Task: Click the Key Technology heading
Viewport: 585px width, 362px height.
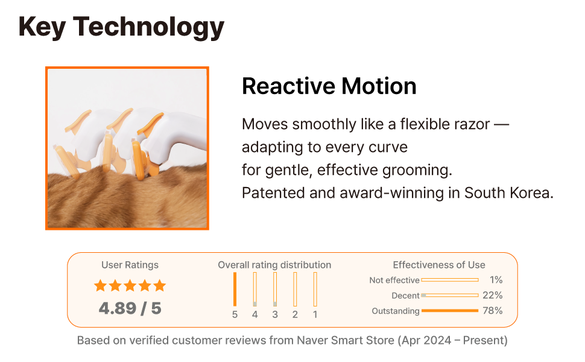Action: click(x=121, y=27)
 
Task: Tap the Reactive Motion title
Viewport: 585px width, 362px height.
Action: click(x=329, y=86)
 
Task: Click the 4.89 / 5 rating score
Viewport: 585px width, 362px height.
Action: click(x=130, y=308)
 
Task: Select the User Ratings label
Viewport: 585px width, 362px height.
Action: click(x=130, y=265)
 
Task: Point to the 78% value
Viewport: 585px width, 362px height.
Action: click(x=493, y=311)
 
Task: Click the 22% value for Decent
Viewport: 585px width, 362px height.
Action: click(x=493, y=295)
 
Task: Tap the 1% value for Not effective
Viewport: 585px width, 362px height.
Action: click(x=496, y=280)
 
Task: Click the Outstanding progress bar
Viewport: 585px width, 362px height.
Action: click(x=450, y=311)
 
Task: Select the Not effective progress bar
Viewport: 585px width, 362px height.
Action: click(x=450, y=280)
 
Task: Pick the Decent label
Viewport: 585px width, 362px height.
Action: click(x=405, y=296)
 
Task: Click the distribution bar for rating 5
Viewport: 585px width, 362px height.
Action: click(x=235, y=289)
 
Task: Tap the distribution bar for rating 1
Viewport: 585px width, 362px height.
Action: click(x=315, y=289)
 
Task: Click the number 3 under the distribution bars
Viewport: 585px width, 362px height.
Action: click(x=275, y=314)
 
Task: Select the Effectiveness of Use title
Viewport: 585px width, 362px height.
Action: click(x=439, y=265)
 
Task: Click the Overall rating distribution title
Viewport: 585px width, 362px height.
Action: click(x=274, y=265)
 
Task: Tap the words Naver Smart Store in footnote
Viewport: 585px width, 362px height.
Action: click(x=346, y=340)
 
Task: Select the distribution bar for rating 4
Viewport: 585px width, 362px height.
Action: click(x=255, y=289)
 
